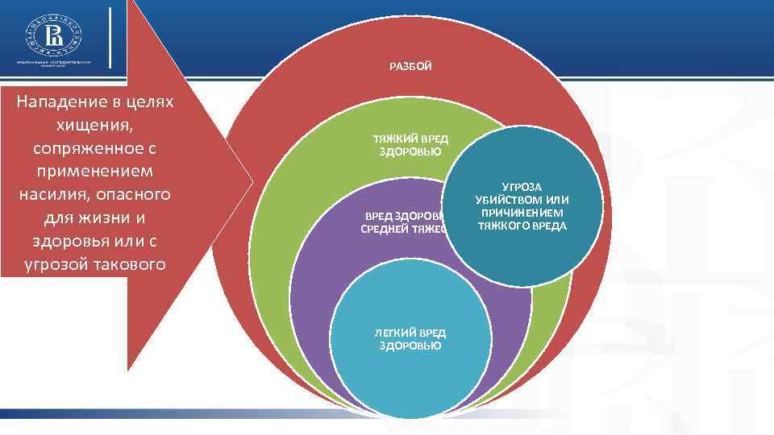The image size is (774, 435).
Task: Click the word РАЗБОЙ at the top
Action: tap(410, 66)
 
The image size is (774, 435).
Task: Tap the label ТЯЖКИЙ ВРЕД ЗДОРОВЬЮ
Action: tap(410, 146)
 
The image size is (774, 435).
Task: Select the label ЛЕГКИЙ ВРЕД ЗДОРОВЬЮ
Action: tap(410, 339)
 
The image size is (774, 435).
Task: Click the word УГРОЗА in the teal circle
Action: tap(522, 187)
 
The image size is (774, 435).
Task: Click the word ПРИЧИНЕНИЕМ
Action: tap(522, 213)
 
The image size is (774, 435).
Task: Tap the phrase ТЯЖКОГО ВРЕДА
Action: tap(522, 226)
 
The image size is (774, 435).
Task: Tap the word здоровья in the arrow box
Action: tap(64, 242)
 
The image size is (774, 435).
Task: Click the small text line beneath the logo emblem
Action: tap(55, 64)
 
